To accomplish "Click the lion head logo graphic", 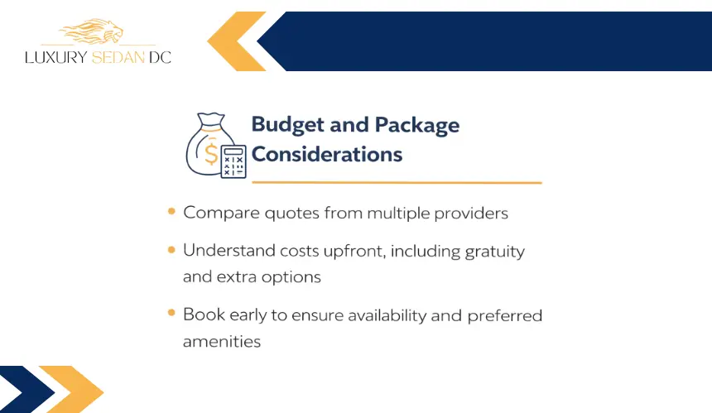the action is pyautogui.click(x=92, y=31).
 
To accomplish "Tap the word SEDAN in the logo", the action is pyautogui.click(x=118, y=57).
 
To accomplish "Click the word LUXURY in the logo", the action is pyautogui.click(x=56, y=57).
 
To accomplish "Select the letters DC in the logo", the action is pyautogui.click(x=160, y=57).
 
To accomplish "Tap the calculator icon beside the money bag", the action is pyautogui.click(x=233, y=161).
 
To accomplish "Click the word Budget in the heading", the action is pyautogui.click(x=288, y=125).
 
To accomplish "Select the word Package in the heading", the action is pyautogui.click(x=417, y=125).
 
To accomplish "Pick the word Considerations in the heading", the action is pyautogui.click(x=327, y=154).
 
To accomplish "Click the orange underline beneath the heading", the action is pyautogui.click(x=397, y=182).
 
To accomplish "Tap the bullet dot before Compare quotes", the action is pyautogui.click(x=171, y=211).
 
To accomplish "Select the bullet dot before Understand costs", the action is pyautogui.click(x=171, y=250).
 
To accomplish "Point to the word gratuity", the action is pyautogui.click(x=495, y=252).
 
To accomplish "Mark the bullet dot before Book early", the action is pyautogui.click(x=171, y=312).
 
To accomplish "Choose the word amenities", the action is pyautogui.click(x=222, y=341).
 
